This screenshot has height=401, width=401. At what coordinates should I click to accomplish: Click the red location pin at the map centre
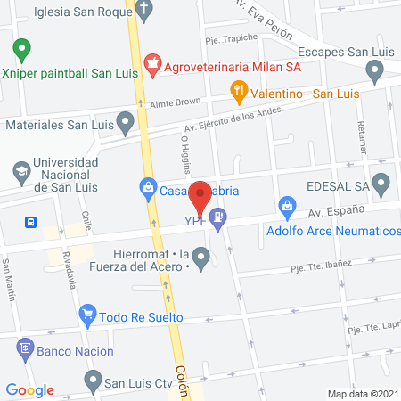coord(200,195)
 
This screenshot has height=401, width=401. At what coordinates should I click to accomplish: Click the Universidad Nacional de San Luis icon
coord(20,169)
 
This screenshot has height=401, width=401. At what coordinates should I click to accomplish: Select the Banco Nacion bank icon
coord(24,351)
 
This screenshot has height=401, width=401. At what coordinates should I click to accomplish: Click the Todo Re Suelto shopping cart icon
coord(87,315)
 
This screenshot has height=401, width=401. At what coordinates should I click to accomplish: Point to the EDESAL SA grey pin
coord(382,186)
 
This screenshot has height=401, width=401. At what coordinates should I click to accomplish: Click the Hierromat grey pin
coord(202,260)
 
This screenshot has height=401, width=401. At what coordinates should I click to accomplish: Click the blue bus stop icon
coord(31,222)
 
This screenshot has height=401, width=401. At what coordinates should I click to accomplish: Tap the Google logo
coord(29,389)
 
